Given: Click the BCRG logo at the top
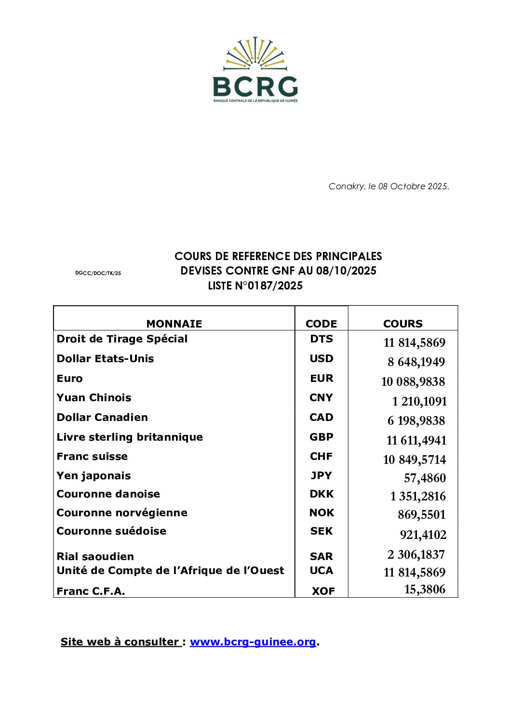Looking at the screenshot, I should pos(255,69).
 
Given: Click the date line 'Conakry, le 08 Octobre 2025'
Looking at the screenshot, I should pos(389,186).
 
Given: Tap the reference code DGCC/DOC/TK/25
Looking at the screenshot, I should pos(98,273).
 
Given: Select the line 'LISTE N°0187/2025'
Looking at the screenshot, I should pos(255,286).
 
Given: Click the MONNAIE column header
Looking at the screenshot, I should pos(174,324).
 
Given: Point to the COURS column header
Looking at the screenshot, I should pos(403,324).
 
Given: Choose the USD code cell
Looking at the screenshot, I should pos(322,359).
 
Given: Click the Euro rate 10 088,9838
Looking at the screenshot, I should pos(413,382).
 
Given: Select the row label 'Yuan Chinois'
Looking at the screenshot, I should pos(94,398).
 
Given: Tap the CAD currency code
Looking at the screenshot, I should pos(322,418).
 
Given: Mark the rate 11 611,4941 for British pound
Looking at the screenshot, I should pos(416,441).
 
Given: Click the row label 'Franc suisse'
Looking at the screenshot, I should pos(92,457).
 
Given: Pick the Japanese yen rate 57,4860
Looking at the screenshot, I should pos(425,478).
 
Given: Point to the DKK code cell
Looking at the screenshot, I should pos(322,494).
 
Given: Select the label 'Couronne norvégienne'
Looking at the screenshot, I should pos(122,513).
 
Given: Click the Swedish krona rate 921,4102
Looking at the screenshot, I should pos(423,535).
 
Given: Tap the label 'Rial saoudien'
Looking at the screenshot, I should pos(95,557).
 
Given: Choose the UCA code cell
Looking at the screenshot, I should pos(322,571).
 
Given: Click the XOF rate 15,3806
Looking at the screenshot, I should pos(425,590).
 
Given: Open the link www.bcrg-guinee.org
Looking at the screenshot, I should pos(253,642).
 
